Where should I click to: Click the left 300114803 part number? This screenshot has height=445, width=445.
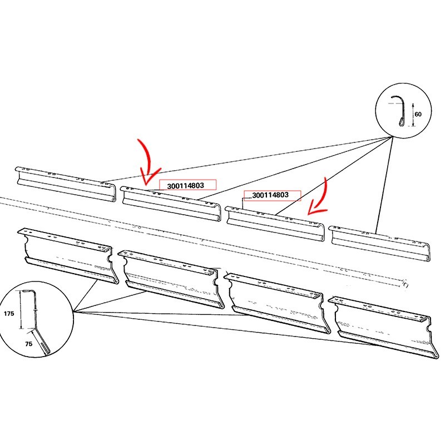pos(186,186)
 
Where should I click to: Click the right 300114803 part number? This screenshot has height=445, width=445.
pos(270,195)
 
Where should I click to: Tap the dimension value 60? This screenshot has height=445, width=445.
pos(418,114)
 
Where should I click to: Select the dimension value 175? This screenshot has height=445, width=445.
pos(8,314)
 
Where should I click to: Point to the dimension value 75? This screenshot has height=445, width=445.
pos(29,344)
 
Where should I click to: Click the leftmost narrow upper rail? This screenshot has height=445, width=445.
pos(66,185)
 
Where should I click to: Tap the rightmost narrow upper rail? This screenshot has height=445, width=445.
pos(380,244)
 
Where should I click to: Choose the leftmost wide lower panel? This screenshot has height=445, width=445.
pos(68,255)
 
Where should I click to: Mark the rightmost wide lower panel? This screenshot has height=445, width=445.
pos(380,327)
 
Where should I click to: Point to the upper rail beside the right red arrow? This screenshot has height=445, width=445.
pos(275,224)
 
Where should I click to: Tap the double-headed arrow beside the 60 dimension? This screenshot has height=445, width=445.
pos(413,115)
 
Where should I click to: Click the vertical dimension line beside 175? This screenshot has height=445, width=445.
pos(21,310)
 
